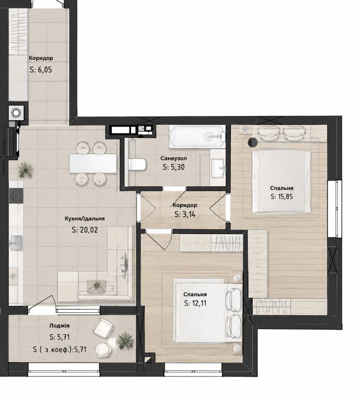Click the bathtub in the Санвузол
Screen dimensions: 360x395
(197, 137)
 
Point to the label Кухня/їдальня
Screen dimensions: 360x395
(84, 218)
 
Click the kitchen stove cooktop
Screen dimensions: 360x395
(16, 196)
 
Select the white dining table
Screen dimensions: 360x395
(93, 163)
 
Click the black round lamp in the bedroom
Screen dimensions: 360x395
(253, 142)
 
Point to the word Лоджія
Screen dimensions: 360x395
(59, 326)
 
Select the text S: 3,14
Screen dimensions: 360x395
(185, 214)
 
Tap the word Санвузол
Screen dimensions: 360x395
(174, 158)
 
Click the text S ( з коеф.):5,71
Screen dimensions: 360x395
(60, 350)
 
